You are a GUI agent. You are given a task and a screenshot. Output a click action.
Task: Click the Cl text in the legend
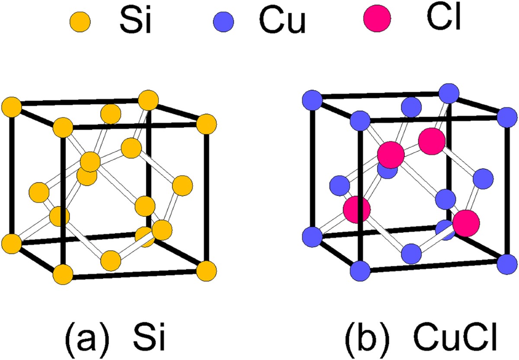tap(447, 19)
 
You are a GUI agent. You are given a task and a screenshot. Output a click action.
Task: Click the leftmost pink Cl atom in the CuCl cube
tap(357, 209)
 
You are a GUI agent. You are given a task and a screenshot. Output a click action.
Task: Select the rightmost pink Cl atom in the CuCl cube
tap(466, 223)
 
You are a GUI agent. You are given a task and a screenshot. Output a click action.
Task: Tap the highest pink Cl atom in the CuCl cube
tap(431, 141)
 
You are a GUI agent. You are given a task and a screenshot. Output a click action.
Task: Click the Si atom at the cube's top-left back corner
tap(11, 106)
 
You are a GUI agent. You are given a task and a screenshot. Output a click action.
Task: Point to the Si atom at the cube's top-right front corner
tap(206, 125)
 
